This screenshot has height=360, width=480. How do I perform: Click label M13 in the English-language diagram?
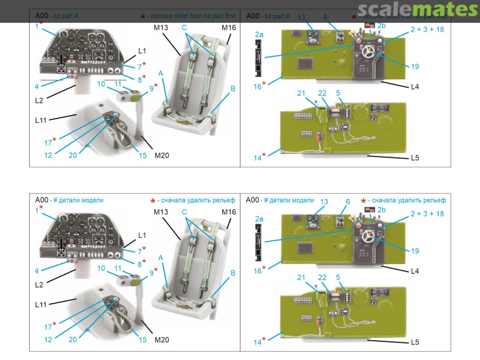click(x=160, y=28)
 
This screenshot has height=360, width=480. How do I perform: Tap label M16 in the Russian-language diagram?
click(x=229, y=212)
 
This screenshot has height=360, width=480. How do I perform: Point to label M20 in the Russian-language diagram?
click(x=162, y=340)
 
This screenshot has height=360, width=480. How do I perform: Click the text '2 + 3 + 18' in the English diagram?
click(x=427, y=29)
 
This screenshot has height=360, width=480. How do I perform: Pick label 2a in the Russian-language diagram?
click(x=259, y=219)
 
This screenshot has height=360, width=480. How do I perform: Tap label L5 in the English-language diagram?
click(x=415, y=158)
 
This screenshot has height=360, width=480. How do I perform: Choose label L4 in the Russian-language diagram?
click(x=415, y=271)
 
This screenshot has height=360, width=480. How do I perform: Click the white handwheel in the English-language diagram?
click(x=369, y=52)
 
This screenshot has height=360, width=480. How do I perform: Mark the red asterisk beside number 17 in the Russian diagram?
click(x=54, y=324)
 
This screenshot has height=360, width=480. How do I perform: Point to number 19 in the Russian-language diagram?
click(x=415, y=251)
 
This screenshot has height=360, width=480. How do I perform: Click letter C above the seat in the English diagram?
click(x=184, y=28)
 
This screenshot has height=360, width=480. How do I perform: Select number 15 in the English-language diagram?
click(x=142, y=155)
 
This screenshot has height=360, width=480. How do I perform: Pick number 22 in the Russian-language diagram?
click(x=322, y=278)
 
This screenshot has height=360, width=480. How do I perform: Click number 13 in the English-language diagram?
click(x=302, y=17)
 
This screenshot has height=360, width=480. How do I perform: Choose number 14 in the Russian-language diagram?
click(x=257, y=342)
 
